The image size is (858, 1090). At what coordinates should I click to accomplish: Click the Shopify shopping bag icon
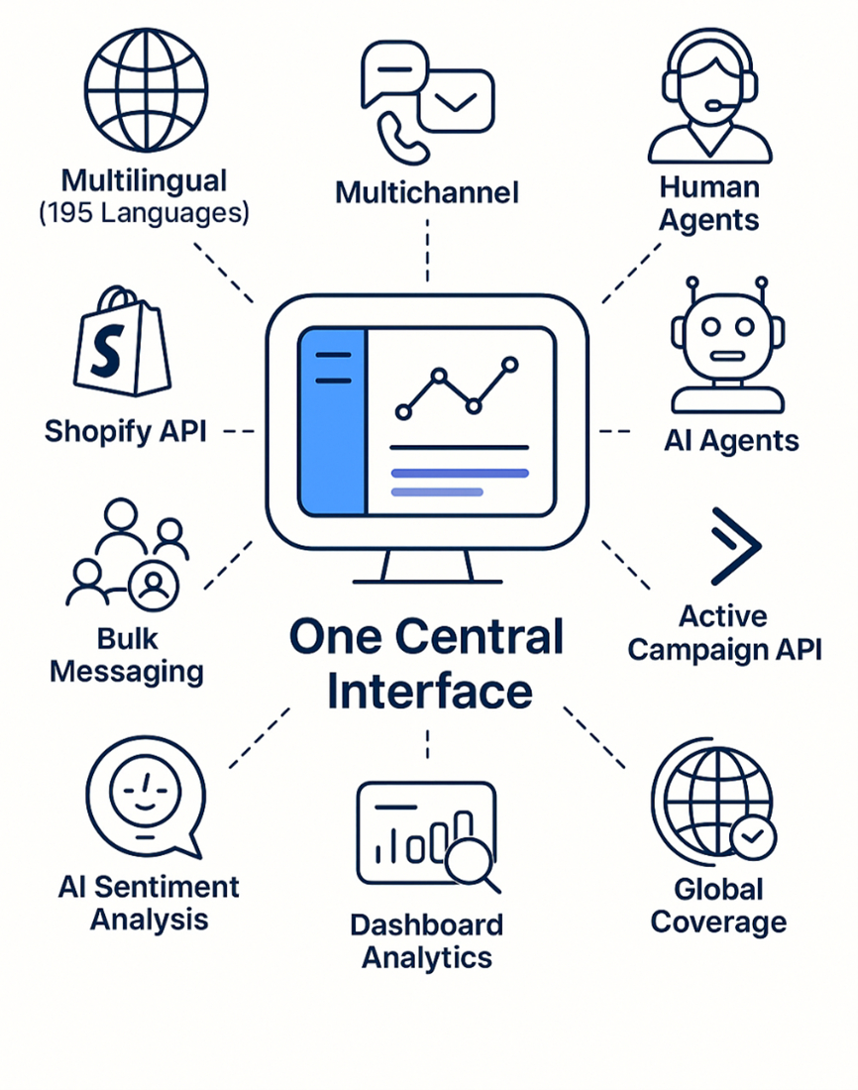point(123,341)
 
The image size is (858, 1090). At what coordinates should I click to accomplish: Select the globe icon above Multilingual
point(146,89)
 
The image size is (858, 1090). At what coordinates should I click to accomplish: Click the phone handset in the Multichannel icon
point(402,139)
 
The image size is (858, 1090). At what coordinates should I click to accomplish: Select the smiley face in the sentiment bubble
point(146,792)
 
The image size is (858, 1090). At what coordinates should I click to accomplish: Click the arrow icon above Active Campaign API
point(735,546)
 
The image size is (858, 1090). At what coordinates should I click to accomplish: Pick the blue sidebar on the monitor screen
point(332,421)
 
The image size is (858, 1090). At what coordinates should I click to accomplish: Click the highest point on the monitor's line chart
point(510,364)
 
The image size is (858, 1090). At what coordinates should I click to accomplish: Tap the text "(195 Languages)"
point(144,213)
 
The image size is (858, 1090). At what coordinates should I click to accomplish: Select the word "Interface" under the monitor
point(430,692)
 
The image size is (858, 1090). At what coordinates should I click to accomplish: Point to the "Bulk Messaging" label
point(127,656)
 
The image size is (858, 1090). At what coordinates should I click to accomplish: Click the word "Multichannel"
point(427,192)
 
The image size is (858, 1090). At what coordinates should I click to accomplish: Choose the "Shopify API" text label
point(126,432)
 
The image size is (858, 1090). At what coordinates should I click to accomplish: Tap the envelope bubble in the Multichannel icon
point(456,101)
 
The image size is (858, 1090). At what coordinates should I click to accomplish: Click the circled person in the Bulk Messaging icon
point(154,585)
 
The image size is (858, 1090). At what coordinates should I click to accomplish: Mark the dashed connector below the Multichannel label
point(428,251)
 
